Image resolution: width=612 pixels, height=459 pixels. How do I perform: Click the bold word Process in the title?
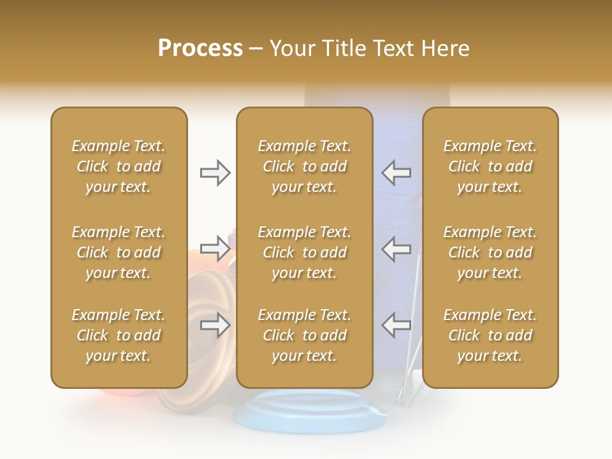[x=200, y=48]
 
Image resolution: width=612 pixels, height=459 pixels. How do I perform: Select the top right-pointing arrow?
[x=215, y=173]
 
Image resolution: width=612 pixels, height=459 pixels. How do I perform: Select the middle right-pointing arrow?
[x=215, y=249]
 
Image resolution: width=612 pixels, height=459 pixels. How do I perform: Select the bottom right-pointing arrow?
[x=215, y=326]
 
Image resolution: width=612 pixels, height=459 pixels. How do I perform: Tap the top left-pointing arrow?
[x=396, y=173]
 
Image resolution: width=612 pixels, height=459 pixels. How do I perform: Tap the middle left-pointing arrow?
[x=396, y=249]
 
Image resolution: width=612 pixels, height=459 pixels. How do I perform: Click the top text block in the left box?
[x=119, y=166]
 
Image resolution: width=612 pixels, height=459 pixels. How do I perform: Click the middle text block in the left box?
[x=119, y=252]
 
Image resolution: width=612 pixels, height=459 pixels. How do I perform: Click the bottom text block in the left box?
[x=119, y=335]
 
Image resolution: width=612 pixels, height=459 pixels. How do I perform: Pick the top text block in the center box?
[x=305, y=166]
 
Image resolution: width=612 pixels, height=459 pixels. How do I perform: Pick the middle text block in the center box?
[x=305, y=252]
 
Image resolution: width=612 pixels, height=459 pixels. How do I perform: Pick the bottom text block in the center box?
[x=305, y=335]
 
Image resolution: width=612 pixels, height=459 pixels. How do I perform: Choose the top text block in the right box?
[x=490, y=166]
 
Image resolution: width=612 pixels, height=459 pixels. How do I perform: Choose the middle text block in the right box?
[x=490, y=252]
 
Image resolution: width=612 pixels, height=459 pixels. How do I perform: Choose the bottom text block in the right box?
[x=490, y=335]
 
